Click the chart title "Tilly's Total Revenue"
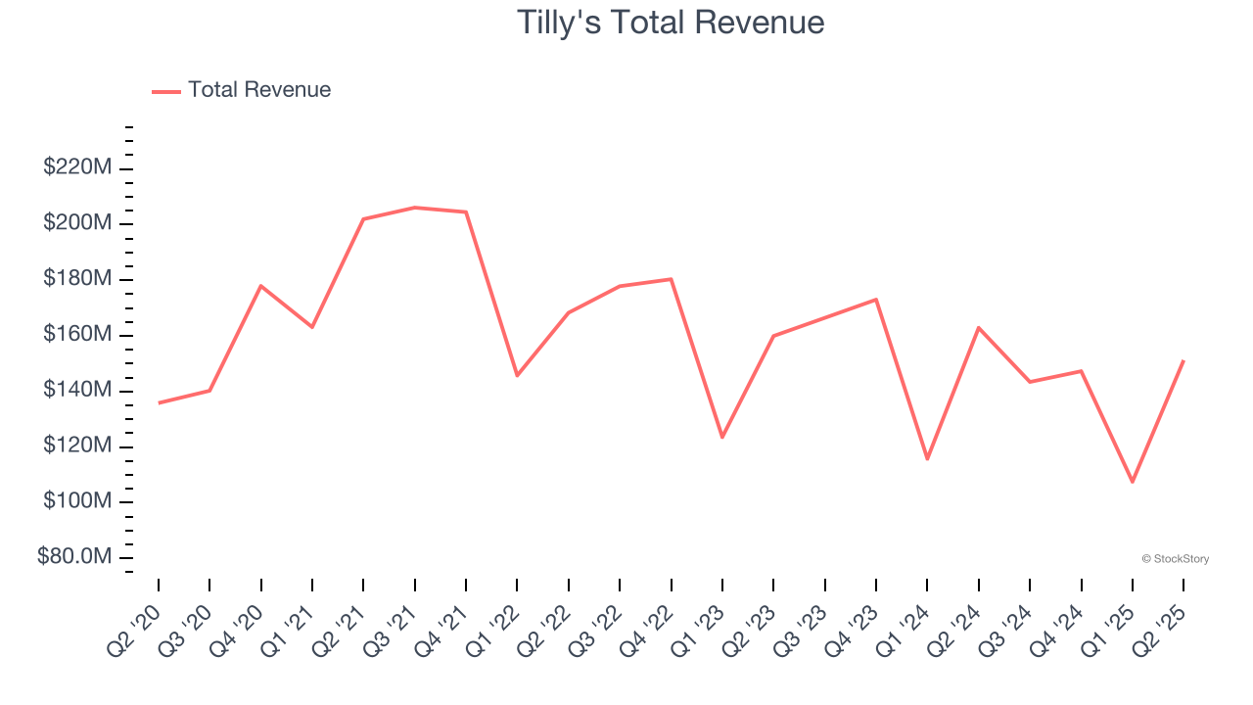[x=671, y=23]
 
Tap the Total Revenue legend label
[x=259, y=90]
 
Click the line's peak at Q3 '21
[x=415, y=208]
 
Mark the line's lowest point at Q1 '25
[x=1133, y=482]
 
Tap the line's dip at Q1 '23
[x=722, y=437]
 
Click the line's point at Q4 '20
[x=261, y=286]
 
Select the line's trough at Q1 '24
[x=927, y=459]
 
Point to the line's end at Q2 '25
[x=1183, y=361]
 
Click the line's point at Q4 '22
[x=671, y=279]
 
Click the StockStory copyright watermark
[x=1175, y=559]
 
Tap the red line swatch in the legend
[x=166, y=91]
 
